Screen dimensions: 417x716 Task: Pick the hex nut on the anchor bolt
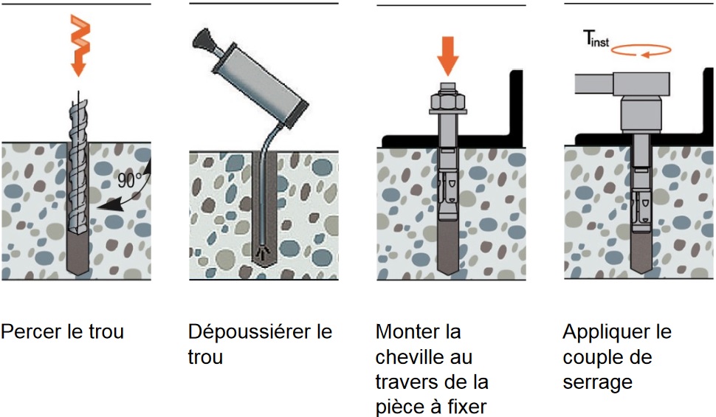[447, 98]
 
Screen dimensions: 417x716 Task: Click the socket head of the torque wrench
[640, 111]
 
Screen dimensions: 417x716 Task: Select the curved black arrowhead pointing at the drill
[101, 210]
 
